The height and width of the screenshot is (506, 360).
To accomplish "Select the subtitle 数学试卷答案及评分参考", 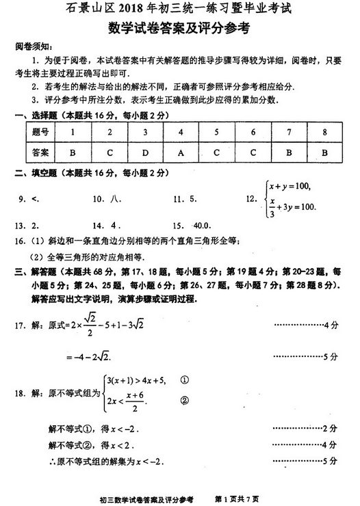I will click(x=179, y=29).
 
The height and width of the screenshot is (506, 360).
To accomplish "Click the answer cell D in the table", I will click(x=144, y=152).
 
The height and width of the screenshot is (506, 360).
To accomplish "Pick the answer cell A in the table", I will click(x=181, y=152).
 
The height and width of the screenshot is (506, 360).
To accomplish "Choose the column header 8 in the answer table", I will click(x=324, y=132).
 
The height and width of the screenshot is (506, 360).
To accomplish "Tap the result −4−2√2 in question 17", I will click(x=89, y=357).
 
